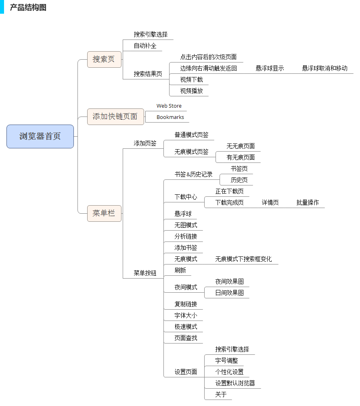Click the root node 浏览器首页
point(40,136)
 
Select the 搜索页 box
point(104,59)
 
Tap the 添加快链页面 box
point(115,117)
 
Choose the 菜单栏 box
point(104,213)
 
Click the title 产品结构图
point(28,8)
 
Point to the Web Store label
point(169,106)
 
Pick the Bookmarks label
point(170,117)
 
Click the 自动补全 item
point(145,46)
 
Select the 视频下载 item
point(191,79)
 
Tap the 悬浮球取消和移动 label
point(324,68)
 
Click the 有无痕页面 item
point(241,157)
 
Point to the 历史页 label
point(239,180)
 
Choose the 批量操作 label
point(308,202)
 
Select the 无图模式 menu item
point(186,225)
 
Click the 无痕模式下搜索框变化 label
point(243,259)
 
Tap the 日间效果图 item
point(229,293)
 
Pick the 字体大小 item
point(186,315)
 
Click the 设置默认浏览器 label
point(235,383)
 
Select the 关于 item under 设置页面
point(221,394)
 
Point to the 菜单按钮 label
point(145,273)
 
